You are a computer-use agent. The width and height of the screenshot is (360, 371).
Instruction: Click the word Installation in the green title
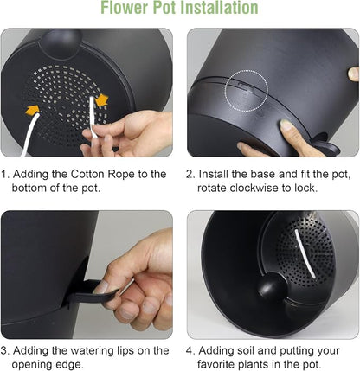pos(221,8)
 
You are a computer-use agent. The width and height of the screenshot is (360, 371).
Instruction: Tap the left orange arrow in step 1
pos(33,110)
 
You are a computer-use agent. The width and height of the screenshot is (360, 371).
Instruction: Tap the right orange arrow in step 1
pos(101,100)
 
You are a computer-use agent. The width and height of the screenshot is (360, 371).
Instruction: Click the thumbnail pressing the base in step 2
pos(286,125)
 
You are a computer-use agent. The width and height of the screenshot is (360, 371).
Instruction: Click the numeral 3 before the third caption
pos(3,351)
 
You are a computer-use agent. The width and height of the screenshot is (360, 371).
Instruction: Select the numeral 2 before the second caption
pos(189,175)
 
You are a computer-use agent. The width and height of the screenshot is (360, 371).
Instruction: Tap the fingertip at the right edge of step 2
pos(353,74)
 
